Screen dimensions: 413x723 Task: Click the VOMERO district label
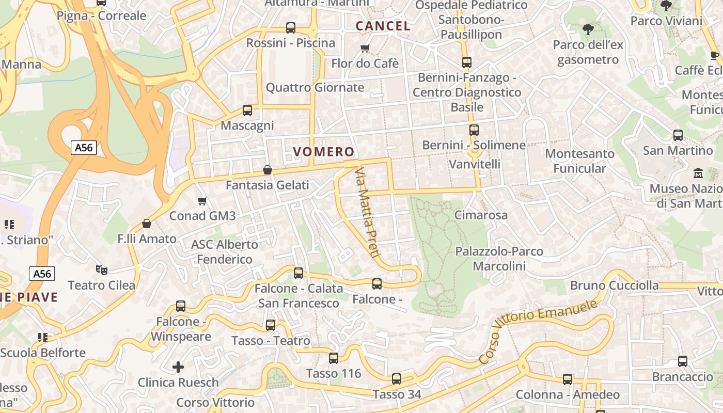coord(324,152)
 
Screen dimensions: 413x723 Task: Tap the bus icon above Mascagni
coord(247,110)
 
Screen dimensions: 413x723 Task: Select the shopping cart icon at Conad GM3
coord(202,201)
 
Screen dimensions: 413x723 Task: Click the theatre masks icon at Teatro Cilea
coord(102,269)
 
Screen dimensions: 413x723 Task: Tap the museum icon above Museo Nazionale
coord(698,172)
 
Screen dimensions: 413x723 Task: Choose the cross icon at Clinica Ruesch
coord(178,367)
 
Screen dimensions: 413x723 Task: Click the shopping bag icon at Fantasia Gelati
coord(268,170)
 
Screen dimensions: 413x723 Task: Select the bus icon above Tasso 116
coord(334,358)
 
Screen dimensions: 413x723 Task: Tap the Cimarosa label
coord(481,215)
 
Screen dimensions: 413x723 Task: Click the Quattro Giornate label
coord(315,87)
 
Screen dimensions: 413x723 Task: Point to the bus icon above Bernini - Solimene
coord(474,130)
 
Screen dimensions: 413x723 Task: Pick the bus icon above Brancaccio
coord(682,361)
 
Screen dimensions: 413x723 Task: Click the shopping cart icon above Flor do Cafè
coord(365,49)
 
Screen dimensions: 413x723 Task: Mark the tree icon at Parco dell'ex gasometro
coord(588,29)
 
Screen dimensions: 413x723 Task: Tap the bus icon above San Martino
coord(678,135)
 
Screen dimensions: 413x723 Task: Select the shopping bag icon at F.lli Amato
coord(147,224)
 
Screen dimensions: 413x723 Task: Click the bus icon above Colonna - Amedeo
coord(567,379)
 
